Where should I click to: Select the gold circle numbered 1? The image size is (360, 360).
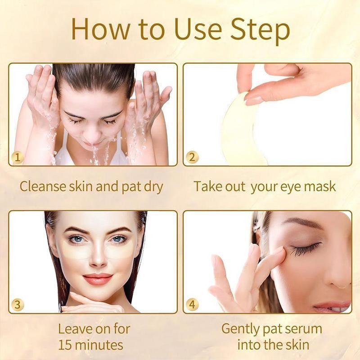[18, 157]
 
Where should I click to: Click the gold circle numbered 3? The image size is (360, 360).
[18, 304]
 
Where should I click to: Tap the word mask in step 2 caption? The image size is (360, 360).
[319, 186]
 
